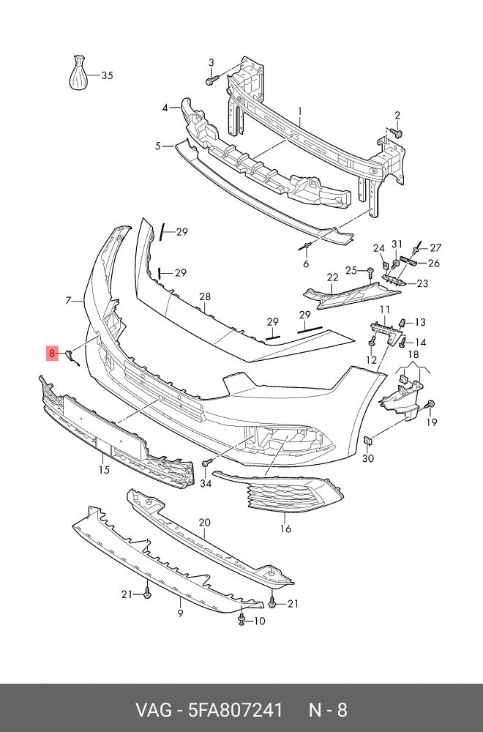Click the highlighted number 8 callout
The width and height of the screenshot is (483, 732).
[x=52, y=354]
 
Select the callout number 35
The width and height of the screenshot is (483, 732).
[x=107, y=75]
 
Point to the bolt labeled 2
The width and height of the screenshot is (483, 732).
[x=397, y=133]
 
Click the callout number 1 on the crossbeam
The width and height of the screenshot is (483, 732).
[x=299, y=111]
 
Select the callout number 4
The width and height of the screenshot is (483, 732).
[x=165, y=108]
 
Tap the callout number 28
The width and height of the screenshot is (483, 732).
[x=204, y=296]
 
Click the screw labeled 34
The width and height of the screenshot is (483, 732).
[x=207, y=463]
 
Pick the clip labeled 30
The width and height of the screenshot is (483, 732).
[x=369, y=441]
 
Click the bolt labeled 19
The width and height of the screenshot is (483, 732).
[x=430, y=405]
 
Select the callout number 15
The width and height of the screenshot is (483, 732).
[x=104, y=469]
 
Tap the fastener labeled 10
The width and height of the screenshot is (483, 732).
[x=242, y=621]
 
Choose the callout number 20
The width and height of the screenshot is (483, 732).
[x=204, y=523]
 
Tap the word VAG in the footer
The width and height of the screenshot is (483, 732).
[x=151, y=710]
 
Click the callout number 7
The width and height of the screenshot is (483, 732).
[x=68, y=300]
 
